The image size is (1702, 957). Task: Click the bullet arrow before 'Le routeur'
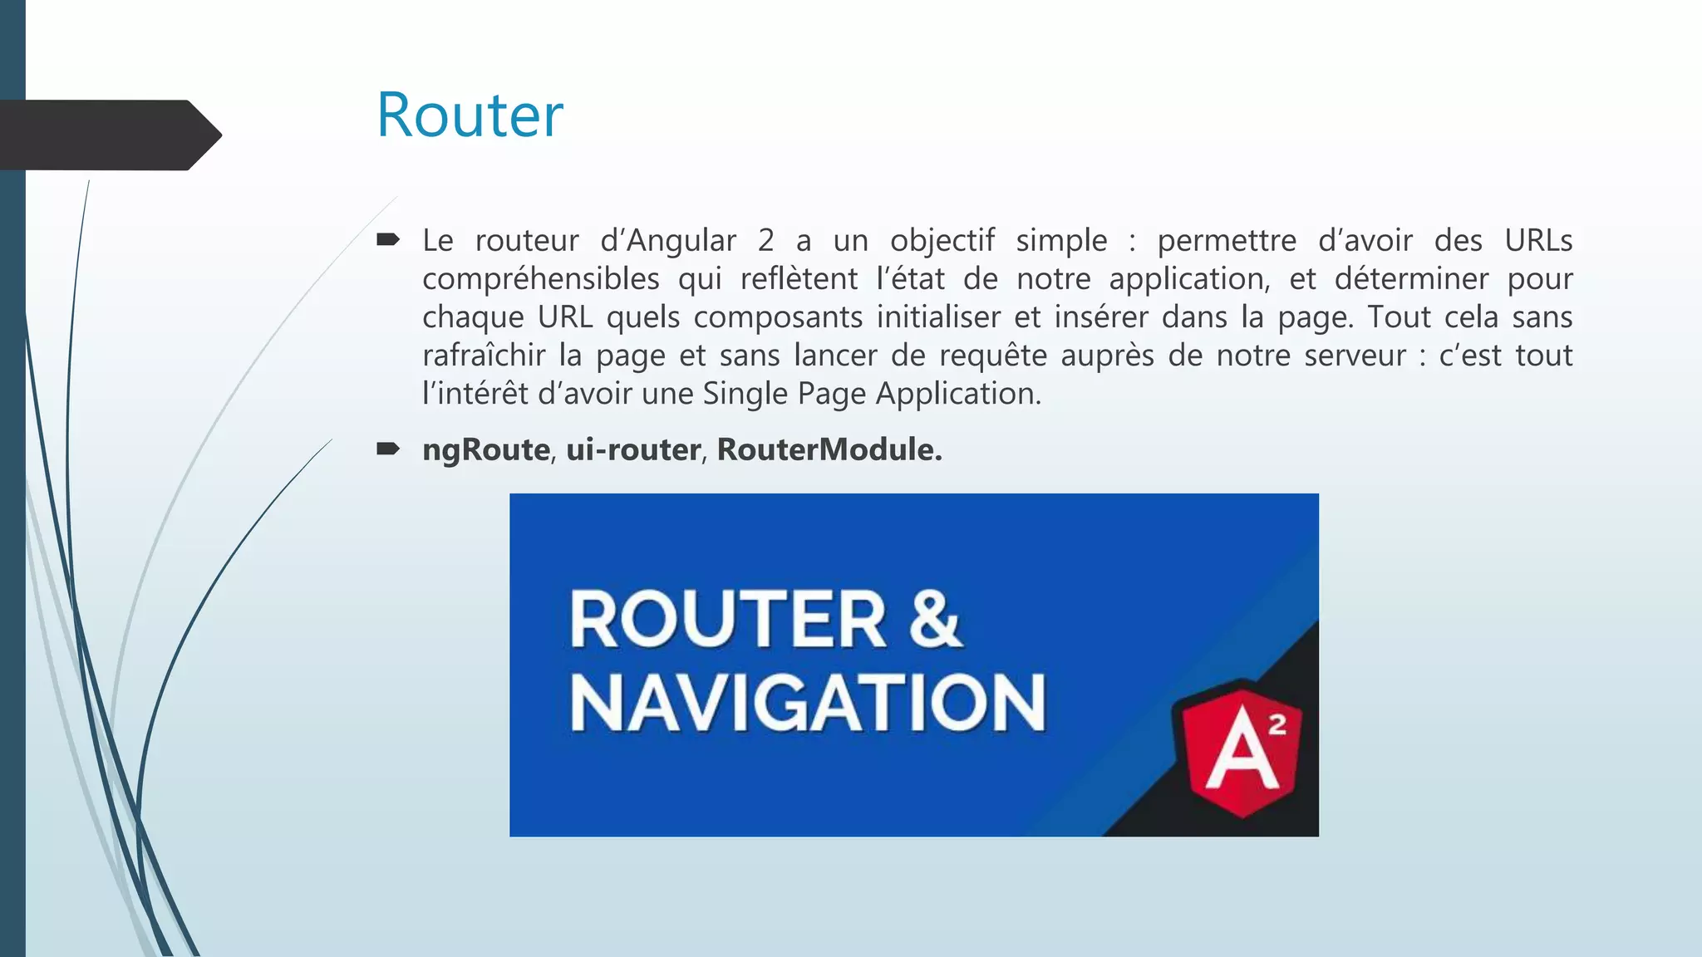(x=387, y=241)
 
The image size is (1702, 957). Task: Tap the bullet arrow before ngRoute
(x=387, y=449)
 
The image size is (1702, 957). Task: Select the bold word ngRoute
(x=485, y=449)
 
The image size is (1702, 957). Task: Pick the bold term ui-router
(x=633, y=449)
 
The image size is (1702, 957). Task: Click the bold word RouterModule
(x=829, y=449)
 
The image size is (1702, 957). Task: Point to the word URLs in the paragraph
(x=1538, y=241)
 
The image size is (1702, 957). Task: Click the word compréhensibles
(x=540, y=279)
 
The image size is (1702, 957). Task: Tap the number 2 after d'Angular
(x=765, y=241)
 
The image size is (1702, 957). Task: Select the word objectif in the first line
(x=942, y=241)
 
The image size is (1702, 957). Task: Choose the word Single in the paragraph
(x=744, y=394)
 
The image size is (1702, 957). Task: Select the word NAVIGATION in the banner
(x=807, y=703)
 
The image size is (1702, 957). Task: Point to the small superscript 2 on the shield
(x=1277, y=724)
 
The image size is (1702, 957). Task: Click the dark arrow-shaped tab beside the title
(x=108, y=135)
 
